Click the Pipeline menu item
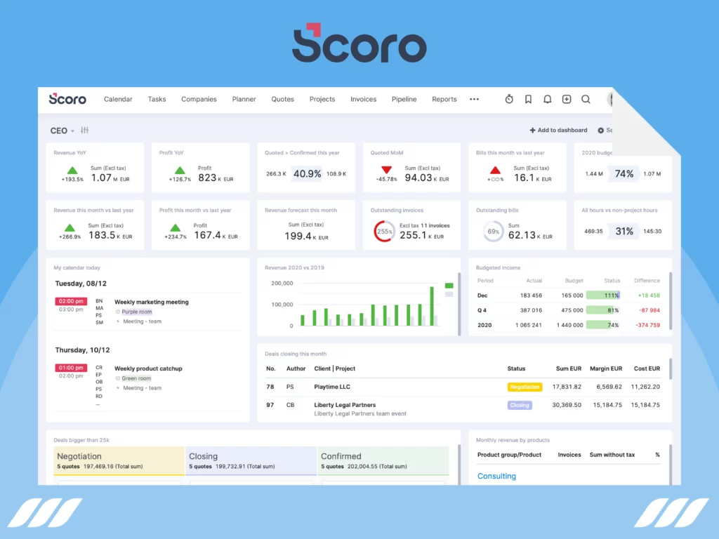[x=404, y=100]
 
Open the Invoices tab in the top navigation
[x=364, y=100]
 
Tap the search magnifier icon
[x=586, y=100]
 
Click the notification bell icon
[x=547, y=100]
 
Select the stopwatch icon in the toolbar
[x=509, y=100]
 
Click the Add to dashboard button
[x=558, y=131]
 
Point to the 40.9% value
[x=307, y=174]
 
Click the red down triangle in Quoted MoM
[x=386, y=170]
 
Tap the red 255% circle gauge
[x=384, y=232]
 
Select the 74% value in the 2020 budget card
[x=624, y=174]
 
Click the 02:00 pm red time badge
[x=70, y=301]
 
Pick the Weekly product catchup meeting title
[x=148, y=368]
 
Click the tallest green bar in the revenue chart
[x=431, y=305]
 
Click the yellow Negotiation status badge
[x=525, y=387]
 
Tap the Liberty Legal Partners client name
[x=345, y=405]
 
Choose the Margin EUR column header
[x=606, y=368]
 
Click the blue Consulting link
[x=496, y=476]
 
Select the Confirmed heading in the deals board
[x=341, y=456]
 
